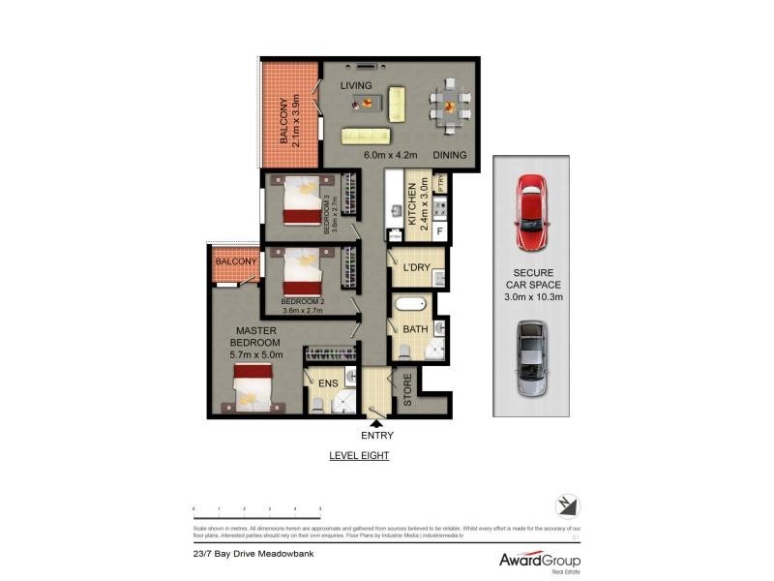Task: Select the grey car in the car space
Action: pos(531,359)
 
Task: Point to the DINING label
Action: pos(450,155)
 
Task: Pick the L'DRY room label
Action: pos(416,267)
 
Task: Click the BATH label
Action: pos(415,329)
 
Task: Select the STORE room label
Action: pos(407,390)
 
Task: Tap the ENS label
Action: pos(328,384)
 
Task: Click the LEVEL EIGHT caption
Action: pos(359,455)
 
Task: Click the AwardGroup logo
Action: pos(539,561)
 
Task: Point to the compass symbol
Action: pos(568,506)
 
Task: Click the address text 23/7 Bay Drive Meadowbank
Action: pos(253,555)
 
